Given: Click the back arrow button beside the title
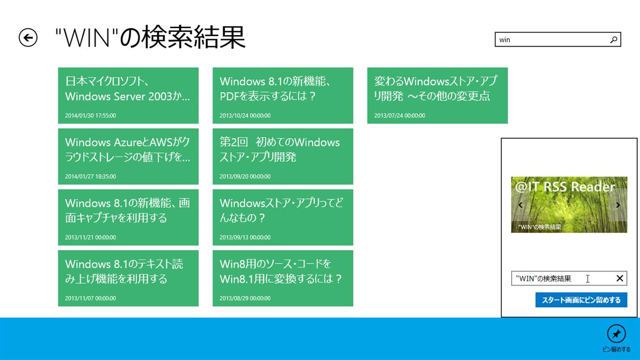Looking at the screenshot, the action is coord(28,37).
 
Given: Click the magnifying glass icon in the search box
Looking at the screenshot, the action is coord(613,40).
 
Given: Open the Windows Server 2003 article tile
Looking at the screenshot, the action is coord(128,96).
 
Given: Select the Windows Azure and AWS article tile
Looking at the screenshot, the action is coord(128,156).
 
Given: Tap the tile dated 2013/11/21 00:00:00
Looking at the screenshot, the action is coord(128,217).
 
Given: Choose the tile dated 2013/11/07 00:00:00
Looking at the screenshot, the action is coord(128,278).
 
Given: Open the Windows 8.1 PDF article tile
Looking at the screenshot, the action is coord(283,96).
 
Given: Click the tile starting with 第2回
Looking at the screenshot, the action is coord(283,156).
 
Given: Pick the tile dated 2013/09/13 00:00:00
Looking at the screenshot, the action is coord(283,217).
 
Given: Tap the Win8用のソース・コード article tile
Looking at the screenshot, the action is coord(283,278).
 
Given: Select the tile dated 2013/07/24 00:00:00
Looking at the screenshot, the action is coord(437,96).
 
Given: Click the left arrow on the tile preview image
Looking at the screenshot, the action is coord(520,205).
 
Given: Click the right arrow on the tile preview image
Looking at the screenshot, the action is coord(618,205).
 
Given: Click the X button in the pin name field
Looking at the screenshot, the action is coord(620,278).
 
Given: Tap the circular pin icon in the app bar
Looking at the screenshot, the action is coord(616,333).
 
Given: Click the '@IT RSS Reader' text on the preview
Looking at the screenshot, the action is coord(565,187).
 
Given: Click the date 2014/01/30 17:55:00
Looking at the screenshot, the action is coord(90,116).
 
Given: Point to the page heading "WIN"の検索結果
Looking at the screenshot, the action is coord(150,37).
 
